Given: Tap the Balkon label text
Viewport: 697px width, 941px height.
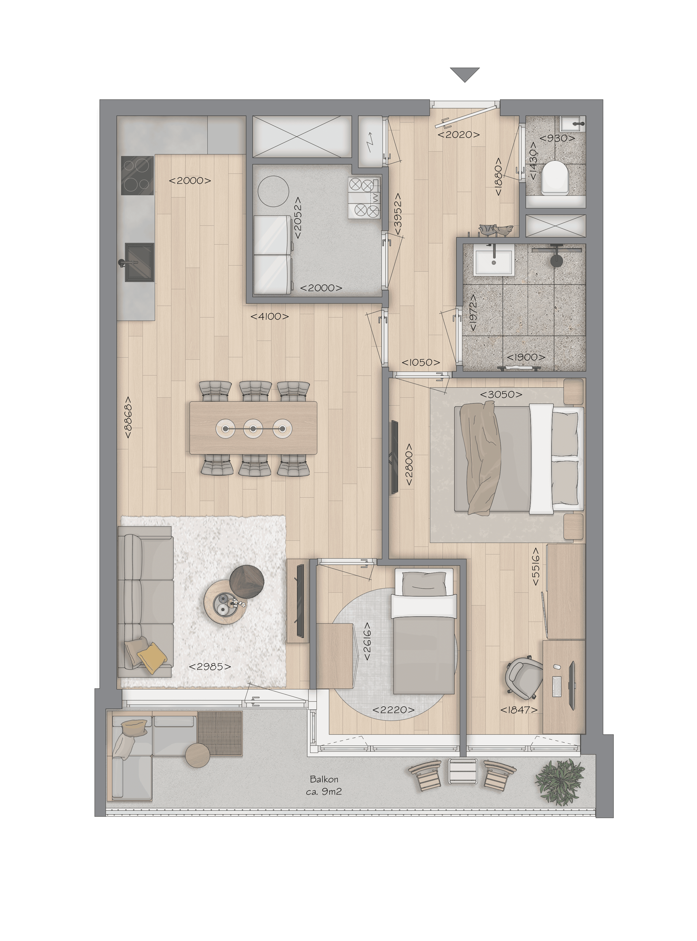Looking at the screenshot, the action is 324,779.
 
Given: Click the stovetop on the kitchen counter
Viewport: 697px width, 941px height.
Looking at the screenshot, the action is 137,175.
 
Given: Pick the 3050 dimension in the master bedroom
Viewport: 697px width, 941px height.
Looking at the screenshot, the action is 501,395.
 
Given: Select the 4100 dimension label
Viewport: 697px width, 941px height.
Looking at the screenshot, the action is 270,316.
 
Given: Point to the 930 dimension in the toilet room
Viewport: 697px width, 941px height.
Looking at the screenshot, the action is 557,138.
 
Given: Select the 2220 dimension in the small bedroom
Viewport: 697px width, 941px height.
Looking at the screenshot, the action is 393,710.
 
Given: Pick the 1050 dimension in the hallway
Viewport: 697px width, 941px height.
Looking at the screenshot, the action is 421,362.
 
